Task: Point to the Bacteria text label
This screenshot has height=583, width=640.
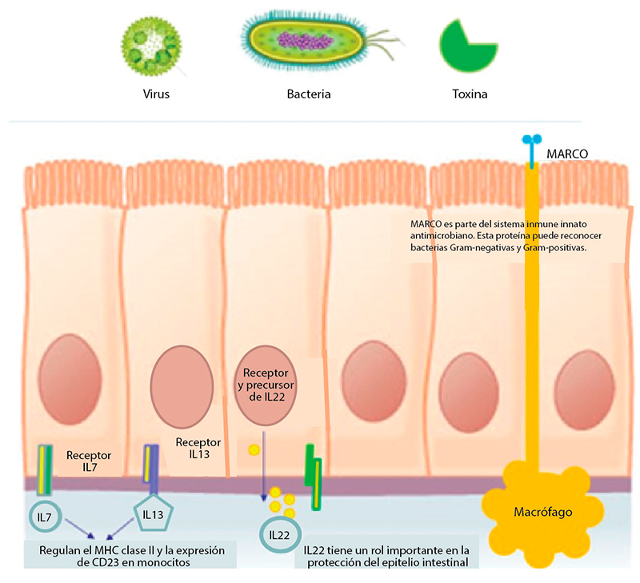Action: pyautogui.click(x=309, y=94)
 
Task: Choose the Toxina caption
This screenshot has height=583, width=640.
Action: pyautogui.click(x=468, y=94)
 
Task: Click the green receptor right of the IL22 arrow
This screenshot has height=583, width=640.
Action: pyautogui.click(x=313, y=467)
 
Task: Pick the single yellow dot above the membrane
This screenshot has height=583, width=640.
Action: pyautogui.click(x=254, y=450)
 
